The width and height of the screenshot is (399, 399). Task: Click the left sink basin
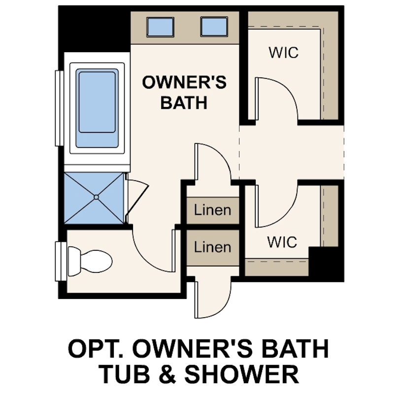(x=161, y=26)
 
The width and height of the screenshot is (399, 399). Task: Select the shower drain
(x=96, y=197)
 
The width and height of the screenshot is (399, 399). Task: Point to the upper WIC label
(x=284, y=52)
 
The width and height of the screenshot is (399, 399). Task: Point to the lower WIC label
(x=282, y=242)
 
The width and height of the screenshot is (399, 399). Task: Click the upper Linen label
(x=212, y=210)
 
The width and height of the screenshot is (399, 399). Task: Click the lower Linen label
(x=212, y=246)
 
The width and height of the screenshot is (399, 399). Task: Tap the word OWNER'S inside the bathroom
(x=184, y=82)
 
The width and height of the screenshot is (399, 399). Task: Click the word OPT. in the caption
(x=93, y=349)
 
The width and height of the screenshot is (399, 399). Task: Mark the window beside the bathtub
(x=59, y=108)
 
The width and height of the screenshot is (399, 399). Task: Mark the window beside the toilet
(x=61, y=262)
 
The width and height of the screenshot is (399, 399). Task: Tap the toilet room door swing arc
(x=153, y=254)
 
